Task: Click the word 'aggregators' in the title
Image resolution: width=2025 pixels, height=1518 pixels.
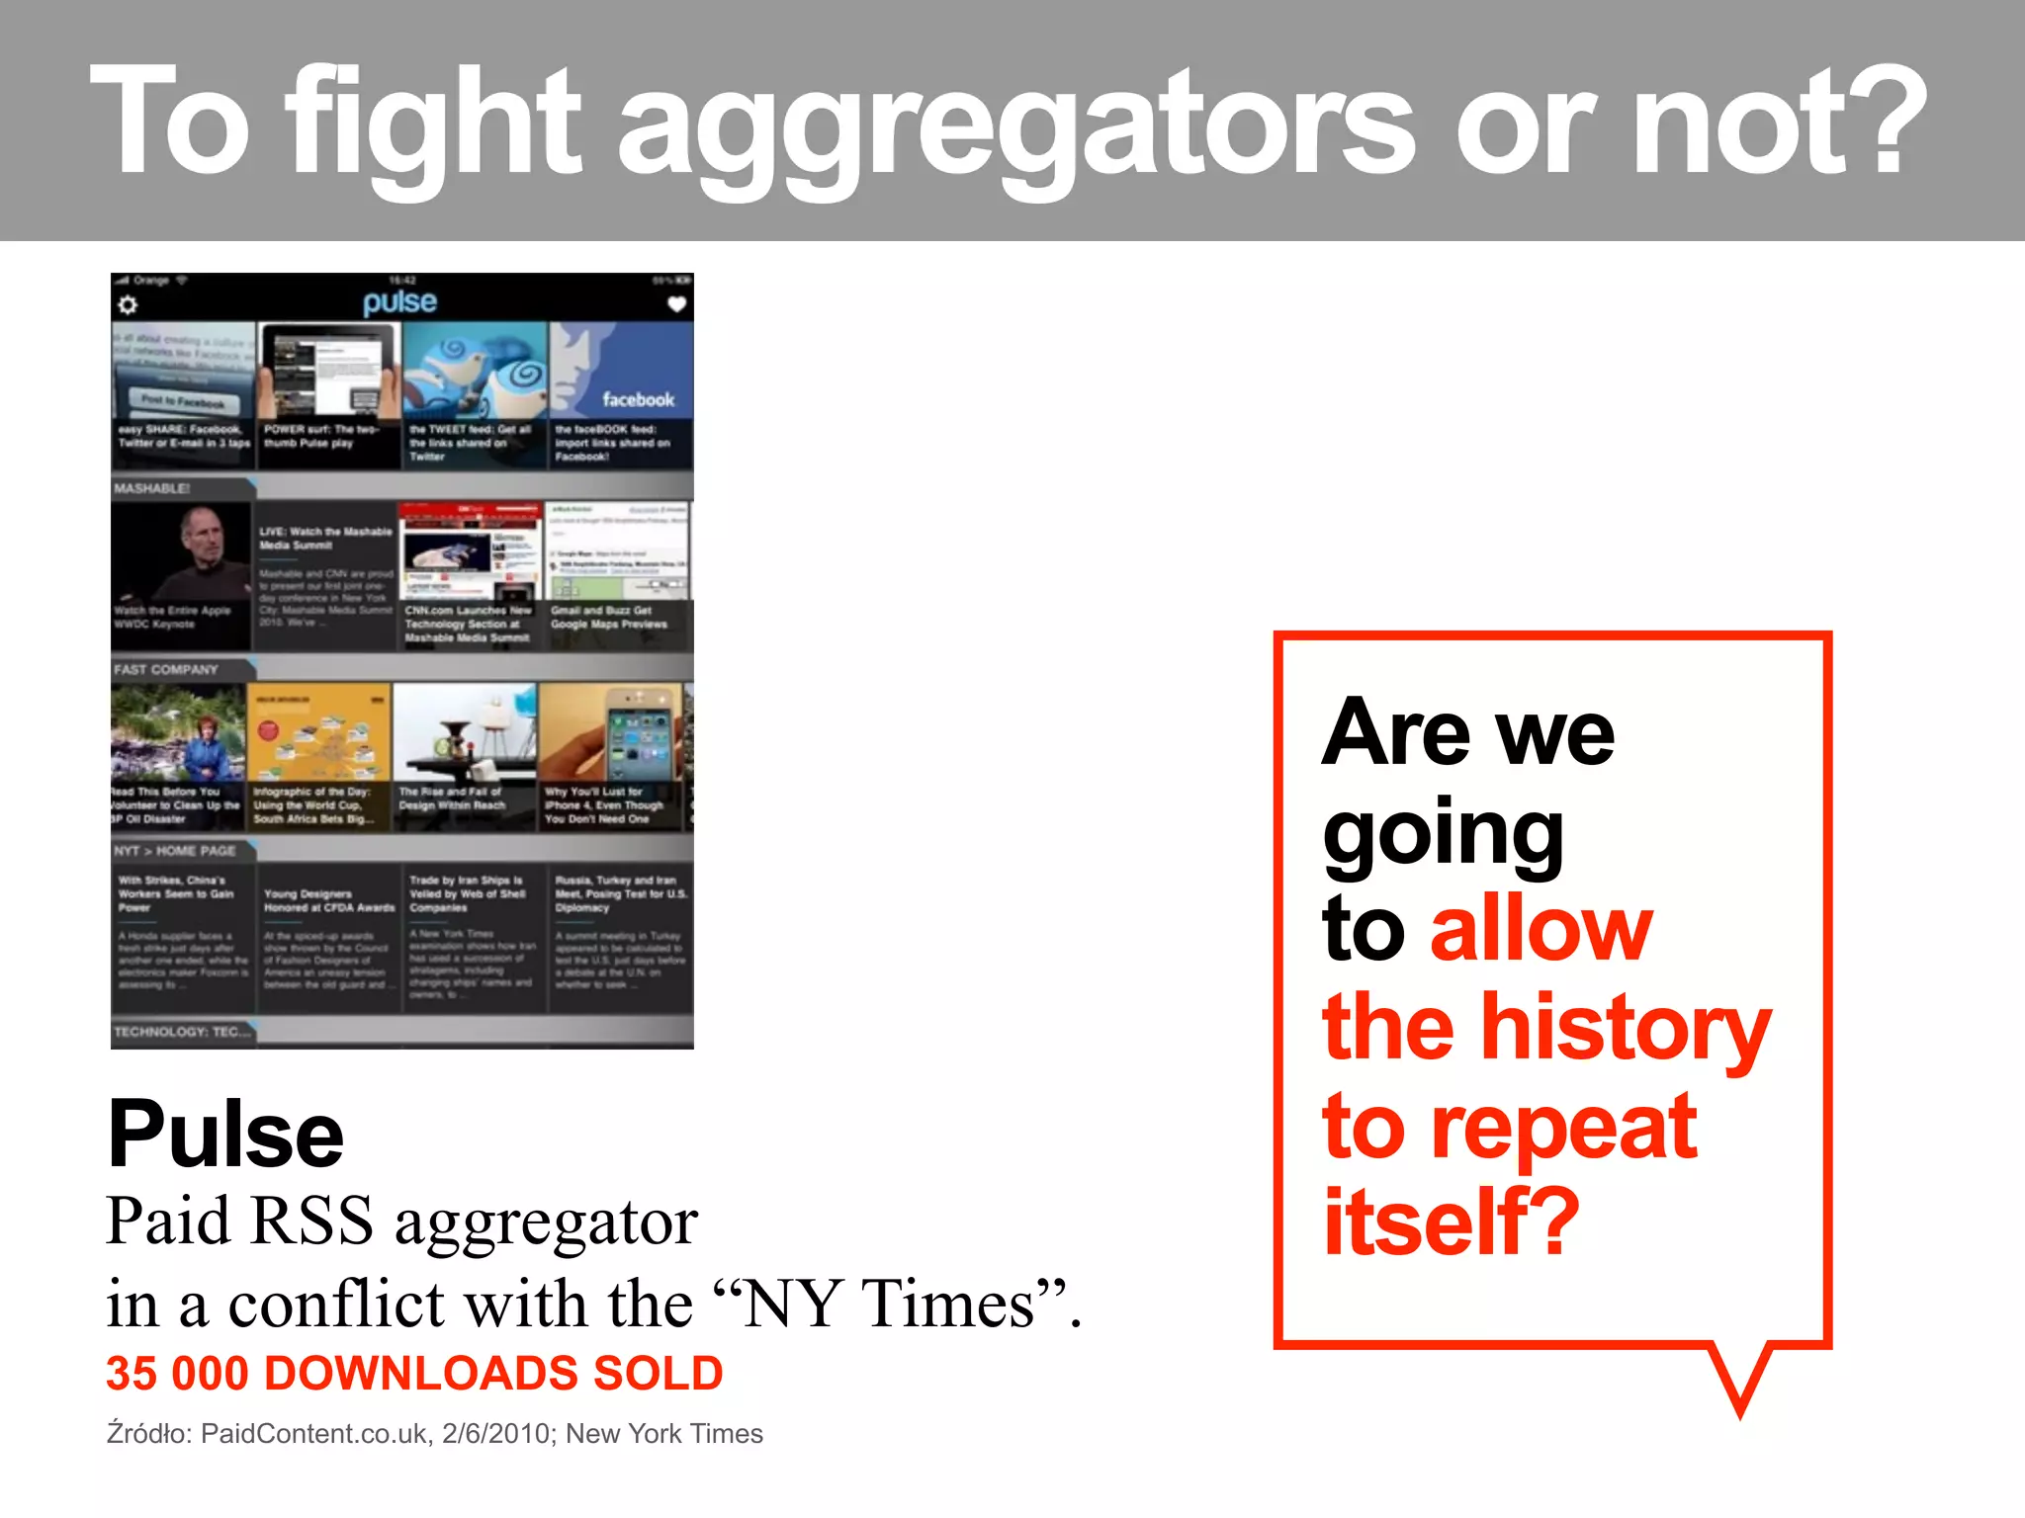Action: [x=1018, y=124]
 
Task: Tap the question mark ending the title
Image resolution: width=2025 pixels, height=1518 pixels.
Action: [x=1886, y=119]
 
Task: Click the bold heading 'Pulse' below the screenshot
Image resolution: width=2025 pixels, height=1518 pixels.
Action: [x=225, y=1134]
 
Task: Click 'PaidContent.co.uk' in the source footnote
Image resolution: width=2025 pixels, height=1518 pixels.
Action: [x=314, y=1434]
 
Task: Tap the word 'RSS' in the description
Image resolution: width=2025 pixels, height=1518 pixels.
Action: [x=311, y=1221]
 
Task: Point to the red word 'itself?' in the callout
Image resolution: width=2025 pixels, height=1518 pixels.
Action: [x=1452, y=1223]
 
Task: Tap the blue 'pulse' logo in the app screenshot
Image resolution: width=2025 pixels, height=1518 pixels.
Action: [x=399, y=301]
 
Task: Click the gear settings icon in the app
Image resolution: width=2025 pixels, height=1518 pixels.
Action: [x=128, y=305]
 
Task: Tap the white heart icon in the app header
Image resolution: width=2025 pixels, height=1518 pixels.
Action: [x=676, y=304]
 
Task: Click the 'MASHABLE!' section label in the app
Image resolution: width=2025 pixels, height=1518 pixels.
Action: [x=151, y=488]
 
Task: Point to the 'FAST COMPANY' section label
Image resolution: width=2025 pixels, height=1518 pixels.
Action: [x=166, y=669]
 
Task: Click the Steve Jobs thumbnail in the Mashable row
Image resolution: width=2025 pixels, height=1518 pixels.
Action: [x=181, y=563]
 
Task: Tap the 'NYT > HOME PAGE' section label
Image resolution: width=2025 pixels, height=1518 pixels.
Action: [x=175, y=851]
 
